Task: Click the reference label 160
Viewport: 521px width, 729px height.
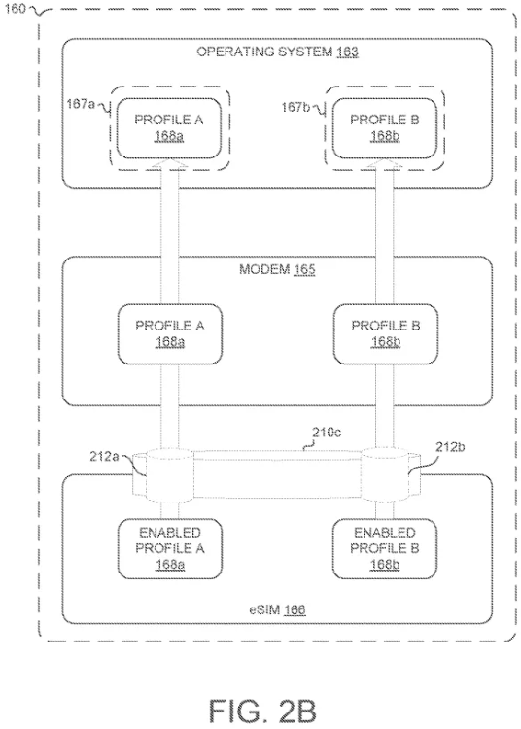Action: click(15, 9)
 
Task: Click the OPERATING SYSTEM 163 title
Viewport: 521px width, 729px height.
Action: click(277, 52)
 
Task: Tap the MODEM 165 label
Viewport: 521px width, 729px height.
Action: click(277, 269)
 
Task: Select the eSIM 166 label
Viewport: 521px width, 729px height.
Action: click(277, 609)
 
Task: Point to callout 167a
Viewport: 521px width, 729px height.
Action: click(80, 104)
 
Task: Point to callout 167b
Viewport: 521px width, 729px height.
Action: click(295, 107)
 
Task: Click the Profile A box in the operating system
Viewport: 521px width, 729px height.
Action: click(169, 128)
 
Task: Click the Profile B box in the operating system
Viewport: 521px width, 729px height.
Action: click(384, 128)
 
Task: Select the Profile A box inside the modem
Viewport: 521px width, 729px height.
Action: click(170, 333)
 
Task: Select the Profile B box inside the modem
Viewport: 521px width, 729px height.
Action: click(385, 333)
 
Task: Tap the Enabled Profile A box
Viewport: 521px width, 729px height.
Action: click(170, 548)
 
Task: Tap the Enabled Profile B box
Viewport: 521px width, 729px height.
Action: click(384, 548)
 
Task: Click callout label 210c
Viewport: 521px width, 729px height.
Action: click(327, 433)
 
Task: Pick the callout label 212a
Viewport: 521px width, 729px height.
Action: click(104, 457)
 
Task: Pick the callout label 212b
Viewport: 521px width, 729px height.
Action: click(450, 447)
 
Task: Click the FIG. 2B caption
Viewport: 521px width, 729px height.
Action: click(262, 711)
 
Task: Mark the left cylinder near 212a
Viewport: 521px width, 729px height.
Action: click(169, 475)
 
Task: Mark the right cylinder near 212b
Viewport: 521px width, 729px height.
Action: click(385, 475)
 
